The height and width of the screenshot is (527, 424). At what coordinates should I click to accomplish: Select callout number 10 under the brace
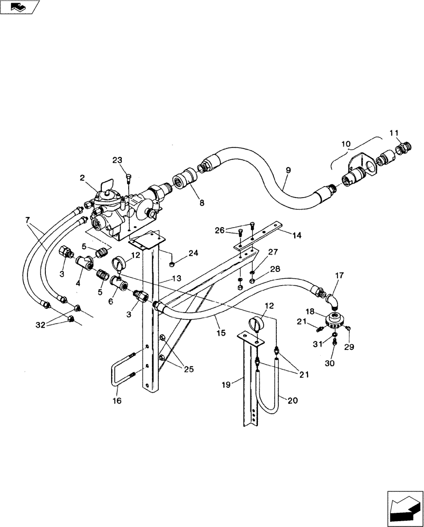(x=345, y=144)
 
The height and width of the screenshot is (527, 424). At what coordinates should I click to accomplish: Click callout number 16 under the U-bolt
(x=117, y=401)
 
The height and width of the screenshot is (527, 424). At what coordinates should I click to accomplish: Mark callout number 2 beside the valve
(x=83, y=179)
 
